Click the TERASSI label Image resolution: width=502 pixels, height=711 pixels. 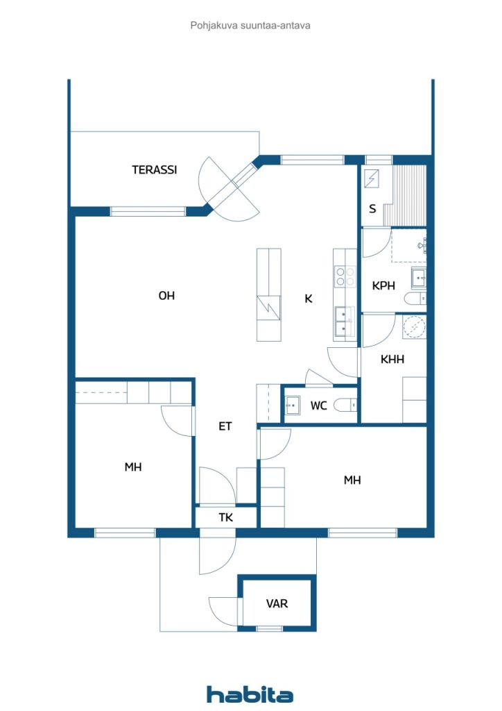[x=155, y=170]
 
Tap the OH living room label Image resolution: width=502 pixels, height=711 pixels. [x=166, y=296]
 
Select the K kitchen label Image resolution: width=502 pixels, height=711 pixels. [x=309, y=299]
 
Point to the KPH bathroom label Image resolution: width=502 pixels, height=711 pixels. [x=383, y=285]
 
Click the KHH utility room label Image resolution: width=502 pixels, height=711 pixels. [x=392, y=360]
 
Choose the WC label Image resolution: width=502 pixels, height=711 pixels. [x=319, y=405]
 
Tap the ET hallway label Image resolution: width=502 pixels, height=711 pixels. [x=225, y=426]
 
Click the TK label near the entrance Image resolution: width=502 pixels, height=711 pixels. [x=226, y=517]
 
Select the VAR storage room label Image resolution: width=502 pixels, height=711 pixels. [x=277, y=603]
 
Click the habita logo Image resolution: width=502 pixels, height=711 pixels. [x=250, y=694]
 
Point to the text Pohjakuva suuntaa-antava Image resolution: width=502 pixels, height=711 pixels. [x=250, y=26]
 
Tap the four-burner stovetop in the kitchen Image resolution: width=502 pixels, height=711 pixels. [x=345, y=276]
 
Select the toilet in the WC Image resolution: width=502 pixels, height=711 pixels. [x=345, y=405]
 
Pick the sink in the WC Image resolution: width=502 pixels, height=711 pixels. [x=293, y=405]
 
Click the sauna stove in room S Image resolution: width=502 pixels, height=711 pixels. [x=372, y=178]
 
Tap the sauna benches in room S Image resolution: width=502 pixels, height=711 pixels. [x=405, y=195]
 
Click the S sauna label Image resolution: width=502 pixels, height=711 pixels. [x=372, y=208]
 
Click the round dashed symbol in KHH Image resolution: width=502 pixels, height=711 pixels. [x=414, y=327]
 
